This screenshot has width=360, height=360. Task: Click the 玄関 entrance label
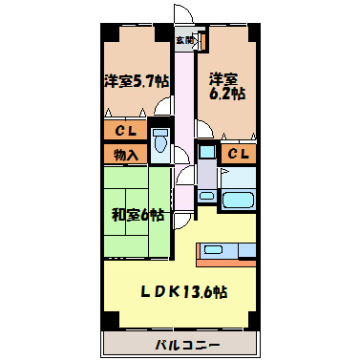coord(184,40)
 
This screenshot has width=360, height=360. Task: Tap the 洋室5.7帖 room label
coord(137,82)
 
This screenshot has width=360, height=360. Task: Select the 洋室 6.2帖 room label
coord(226,87)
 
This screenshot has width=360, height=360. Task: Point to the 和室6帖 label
coord(138,215)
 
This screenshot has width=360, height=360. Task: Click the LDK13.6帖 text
coord(184,291)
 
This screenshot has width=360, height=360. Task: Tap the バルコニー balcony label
coord(187,345)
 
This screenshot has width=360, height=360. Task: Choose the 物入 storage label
coord(126,155)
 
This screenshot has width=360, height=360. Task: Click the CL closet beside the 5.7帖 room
coord(126,131)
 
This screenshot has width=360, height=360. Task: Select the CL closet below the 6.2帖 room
coord(239,155)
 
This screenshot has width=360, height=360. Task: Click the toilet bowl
coord(160,141)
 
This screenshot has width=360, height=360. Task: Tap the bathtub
coord(239,201)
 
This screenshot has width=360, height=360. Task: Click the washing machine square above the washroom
coord(206,152)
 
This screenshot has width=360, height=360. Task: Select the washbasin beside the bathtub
coord(206,196)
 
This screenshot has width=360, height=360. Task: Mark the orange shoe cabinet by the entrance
coord(202,41)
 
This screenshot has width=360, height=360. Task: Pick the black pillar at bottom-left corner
coord(110,319)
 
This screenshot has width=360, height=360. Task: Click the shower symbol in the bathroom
coord(224,172)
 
